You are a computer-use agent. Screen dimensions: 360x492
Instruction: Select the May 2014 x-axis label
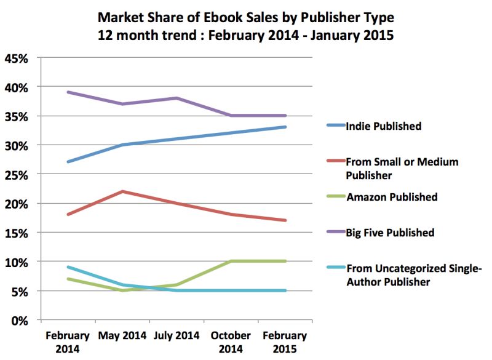(122, 336)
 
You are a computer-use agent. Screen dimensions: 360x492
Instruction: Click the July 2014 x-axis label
(177, 336)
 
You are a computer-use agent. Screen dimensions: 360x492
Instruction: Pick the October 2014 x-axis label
(231, 342)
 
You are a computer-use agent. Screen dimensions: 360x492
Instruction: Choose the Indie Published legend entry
(383, 126)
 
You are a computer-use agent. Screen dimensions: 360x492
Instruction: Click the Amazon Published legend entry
(392, 197)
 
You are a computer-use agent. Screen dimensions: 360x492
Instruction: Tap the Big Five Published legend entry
(391, 233)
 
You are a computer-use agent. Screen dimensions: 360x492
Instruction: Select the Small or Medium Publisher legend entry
(402, 167)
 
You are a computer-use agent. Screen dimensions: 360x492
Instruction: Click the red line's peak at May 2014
(122, 191)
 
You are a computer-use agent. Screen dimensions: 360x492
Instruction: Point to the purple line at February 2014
(68, 92)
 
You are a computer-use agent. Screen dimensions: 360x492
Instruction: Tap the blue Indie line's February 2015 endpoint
(286, 127)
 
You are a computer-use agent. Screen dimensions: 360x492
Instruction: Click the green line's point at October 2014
(231, 261)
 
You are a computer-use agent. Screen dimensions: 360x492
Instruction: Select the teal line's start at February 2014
(68, 267)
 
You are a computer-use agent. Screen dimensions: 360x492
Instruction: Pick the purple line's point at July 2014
(177, 98)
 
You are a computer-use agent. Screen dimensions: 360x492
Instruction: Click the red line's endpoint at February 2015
(286, 220)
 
